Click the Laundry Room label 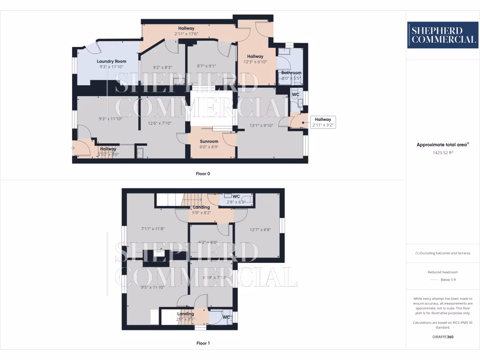[112, 61]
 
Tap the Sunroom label [209, 141]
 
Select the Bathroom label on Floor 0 [291, 73]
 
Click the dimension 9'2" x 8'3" [163, 67]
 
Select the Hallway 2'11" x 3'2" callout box [322, 122]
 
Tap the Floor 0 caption [203, 173]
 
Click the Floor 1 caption [203, 343]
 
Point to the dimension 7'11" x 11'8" [153, 229]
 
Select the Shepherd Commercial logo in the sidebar [442, 35]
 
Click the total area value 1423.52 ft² [442, 152]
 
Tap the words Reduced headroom [442, 272]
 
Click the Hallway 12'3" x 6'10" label [255, 59]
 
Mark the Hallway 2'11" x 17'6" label [186, 31]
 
